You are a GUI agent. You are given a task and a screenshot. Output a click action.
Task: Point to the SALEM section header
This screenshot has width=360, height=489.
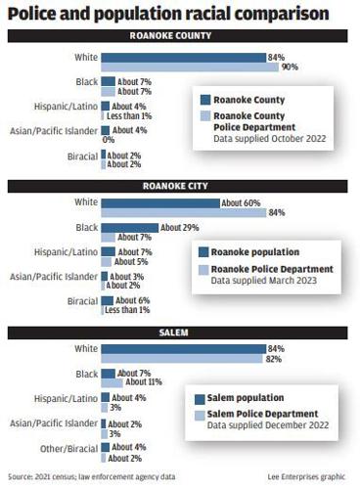pos(179,335)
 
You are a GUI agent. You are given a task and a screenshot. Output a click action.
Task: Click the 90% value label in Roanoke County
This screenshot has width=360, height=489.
pos(290,67)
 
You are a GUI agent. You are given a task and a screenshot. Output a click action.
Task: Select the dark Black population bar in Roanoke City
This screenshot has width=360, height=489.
pos(130,227)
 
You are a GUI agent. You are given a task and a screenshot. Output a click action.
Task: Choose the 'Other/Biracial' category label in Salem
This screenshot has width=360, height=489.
pos(67,447)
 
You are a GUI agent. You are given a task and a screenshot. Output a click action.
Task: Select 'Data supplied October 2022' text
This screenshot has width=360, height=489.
pos(268,139)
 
